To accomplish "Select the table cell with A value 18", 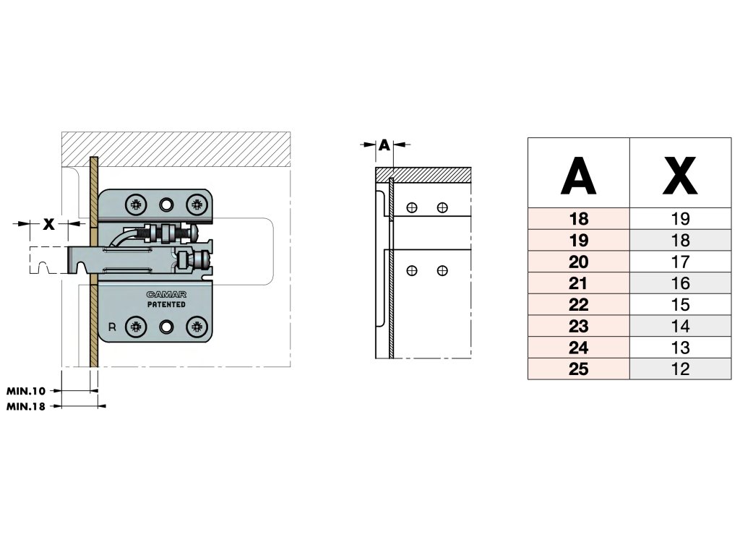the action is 579,219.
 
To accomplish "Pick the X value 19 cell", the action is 681,219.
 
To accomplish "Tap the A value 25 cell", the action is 579,369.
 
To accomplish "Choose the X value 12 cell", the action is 681,369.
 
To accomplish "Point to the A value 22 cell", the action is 579,304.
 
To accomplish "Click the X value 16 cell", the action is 681,283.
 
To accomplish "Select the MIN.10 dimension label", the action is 26,391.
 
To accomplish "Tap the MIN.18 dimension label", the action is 26,406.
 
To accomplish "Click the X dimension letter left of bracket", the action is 48,224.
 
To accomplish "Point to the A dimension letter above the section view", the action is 384,145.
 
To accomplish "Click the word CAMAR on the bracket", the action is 166,295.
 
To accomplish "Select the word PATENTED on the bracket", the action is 166,304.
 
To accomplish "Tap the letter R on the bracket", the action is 112,327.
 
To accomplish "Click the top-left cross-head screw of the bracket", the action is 136,205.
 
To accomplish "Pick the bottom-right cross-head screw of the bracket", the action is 197,327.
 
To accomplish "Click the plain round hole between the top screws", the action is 166,205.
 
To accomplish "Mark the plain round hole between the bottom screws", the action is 166,327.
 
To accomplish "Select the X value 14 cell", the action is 681,326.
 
